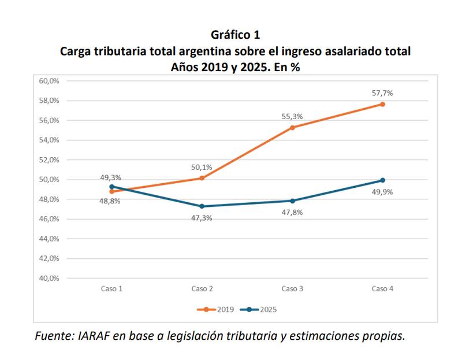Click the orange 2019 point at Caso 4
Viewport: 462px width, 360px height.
382,104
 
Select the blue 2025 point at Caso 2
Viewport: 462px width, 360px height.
202,206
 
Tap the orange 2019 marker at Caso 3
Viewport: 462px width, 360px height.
292,127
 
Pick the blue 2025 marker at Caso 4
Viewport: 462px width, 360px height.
382,180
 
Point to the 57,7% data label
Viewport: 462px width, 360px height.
382,92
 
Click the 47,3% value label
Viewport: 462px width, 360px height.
202,218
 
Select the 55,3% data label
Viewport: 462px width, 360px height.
292,116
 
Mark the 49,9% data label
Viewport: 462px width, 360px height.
382,192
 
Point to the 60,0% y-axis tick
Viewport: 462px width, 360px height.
49,81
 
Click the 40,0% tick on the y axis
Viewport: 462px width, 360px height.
49,278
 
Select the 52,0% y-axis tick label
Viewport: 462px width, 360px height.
49,159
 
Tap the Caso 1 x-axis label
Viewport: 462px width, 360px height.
112,288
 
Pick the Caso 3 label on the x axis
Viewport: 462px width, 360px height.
292,288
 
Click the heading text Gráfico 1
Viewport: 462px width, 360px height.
235,35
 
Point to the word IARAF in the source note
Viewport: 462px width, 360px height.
94,336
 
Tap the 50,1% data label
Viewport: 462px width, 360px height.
202,167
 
